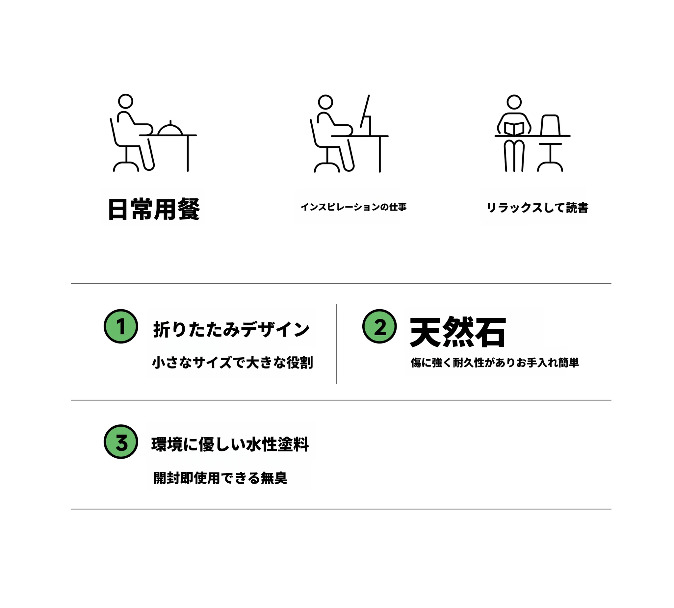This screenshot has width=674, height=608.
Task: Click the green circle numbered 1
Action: click(x=121, y=326)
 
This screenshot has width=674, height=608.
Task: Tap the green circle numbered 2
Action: click(x=379, y=326)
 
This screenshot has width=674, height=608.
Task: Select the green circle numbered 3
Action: click(x=121, y=441)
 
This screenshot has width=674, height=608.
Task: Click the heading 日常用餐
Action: click(x=154, y=209)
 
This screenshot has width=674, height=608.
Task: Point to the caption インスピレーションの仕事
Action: click(x=353, y=207)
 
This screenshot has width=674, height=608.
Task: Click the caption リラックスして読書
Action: click(x=537, y=208)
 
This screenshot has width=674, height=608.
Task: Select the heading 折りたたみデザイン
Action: click(x=231, y=329)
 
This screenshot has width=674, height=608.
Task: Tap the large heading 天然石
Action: click(x=458, y=332)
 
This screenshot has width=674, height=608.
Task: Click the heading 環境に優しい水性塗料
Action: click(x=230, y=444)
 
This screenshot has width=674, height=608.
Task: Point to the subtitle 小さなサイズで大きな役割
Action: click(x=233, y=363)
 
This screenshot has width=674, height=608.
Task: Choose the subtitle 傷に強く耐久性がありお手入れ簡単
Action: click(x=495, y=363)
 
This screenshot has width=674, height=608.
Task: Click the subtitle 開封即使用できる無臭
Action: click(x=220, y=478)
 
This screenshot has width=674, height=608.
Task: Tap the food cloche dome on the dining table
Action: click(x=170, y=129)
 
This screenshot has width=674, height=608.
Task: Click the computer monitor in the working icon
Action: click(x=365, y=112)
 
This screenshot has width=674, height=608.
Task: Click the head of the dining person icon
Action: click(x=126, y=101)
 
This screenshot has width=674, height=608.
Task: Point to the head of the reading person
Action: click(x=514, y=102)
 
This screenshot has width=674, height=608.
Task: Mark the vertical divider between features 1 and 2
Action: click(x=336, y=344)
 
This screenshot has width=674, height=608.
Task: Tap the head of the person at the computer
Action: click(x=325, y=102)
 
